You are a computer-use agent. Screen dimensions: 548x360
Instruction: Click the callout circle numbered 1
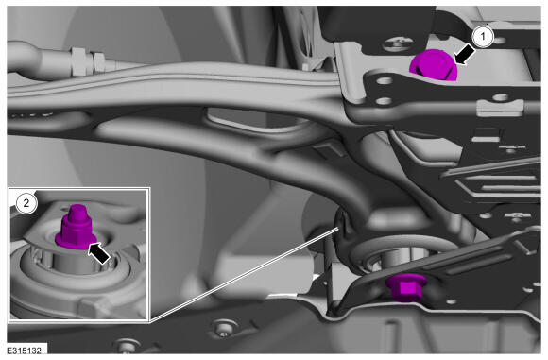tap(483, 36)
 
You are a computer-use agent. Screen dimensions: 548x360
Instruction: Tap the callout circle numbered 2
tap(26, 202)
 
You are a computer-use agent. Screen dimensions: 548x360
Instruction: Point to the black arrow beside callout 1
tap(464, 56)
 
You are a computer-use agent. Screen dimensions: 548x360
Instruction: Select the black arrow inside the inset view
tap(99, 253)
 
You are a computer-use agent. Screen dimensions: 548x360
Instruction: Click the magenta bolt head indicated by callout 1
tap(434, 65)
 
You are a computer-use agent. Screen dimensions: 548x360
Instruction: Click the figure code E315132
tap(25, 350)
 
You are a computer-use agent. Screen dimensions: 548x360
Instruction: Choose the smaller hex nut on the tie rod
tap(99, 61)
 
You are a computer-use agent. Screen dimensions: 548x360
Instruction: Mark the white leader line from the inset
tap(245, 274)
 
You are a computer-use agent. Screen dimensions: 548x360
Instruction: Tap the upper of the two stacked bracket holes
tap(385, 81)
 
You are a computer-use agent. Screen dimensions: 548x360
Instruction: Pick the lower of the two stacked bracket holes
tap(385, 101)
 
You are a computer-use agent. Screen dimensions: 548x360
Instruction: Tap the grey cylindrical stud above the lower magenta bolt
tap(399, 259)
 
